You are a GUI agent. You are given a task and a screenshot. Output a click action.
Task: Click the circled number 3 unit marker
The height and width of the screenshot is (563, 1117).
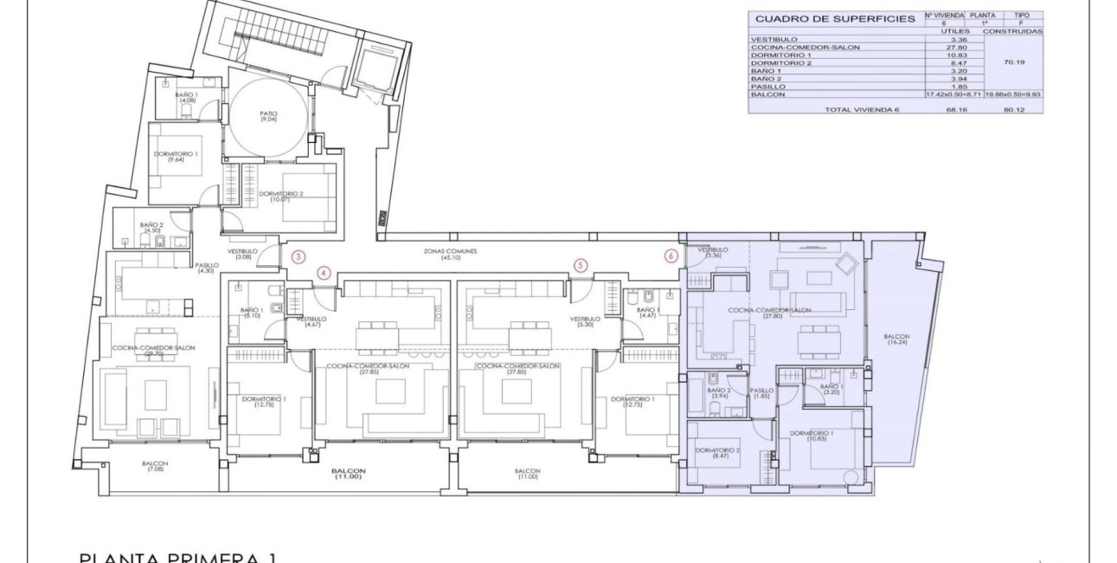[298, 256]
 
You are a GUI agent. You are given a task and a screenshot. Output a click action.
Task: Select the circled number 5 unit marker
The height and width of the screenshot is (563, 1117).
[581, 265]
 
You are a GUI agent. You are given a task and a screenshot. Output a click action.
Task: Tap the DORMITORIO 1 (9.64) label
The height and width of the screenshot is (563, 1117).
[176, 158]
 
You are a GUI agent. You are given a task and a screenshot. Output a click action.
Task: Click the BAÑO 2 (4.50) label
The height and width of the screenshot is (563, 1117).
[153, 228]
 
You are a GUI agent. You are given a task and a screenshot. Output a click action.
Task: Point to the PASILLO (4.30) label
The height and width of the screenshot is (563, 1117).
[206, 269]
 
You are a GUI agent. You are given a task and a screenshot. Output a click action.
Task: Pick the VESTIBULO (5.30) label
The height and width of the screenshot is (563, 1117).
[585, 321]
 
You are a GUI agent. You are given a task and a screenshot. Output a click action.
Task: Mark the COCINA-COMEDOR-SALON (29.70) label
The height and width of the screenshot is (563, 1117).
[153, 350]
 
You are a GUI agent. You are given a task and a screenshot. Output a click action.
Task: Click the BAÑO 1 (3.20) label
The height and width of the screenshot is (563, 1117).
[831, 390]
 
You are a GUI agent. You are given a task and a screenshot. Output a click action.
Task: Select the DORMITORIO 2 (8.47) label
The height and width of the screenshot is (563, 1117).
[716, 453]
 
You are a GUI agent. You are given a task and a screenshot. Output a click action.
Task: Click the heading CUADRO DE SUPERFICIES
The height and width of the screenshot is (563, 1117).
[823, 18]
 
